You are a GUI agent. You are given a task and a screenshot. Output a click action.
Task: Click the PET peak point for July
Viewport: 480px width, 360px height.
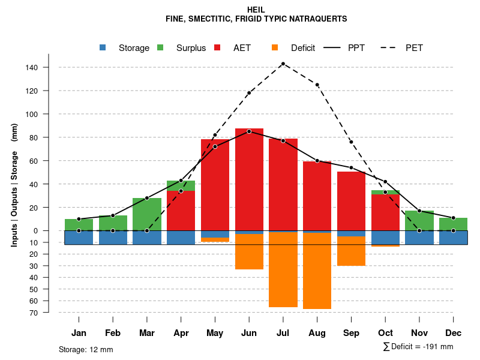[283, 64]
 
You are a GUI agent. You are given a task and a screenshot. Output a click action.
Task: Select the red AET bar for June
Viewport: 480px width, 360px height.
[249, 180]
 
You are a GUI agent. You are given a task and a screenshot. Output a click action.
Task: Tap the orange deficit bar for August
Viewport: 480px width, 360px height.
[317, 270]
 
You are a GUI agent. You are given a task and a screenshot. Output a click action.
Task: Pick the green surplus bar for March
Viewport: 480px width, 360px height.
[147, 214]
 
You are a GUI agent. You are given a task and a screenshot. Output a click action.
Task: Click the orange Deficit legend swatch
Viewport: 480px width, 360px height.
[275, 47]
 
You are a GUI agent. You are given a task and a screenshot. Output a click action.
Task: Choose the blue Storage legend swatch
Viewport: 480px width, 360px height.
[103, 47]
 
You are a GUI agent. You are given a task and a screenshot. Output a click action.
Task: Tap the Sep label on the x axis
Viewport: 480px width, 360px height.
[351, 333]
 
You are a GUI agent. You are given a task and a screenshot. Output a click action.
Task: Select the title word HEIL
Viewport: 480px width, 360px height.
[256, 10]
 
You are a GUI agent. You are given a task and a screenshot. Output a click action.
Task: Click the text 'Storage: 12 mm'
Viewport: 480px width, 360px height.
[86, 349]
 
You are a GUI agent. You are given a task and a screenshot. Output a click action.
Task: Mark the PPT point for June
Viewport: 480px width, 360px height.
[249, 131]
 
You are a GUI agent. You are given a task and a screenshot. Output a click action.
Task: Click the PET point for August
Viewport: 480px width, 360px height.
[317, 85]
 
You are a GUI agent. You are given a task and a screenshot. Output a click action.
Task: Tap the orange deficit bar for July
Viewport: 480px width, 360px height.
[283, 270]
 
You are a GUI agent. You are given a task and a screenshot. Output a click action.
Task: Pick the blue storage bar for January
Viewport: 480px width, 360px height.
[79, 238]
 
